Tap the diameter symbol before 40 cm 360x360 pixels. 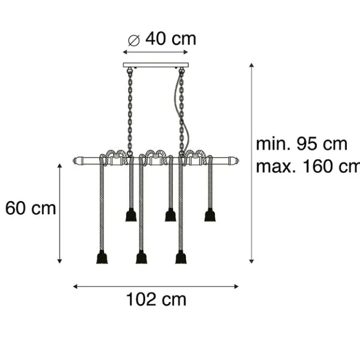click(x=134, y=39)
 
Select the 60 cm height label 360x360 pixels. click(x=31, y=208)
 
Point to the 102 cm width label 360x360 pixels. click(x=156, y=299)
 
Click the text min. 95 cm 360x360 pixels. click(x=302, y=144)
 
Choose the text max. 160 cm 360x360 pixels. click(x=307, y=166)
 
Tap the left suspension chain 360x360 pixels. click(x=130, y=110)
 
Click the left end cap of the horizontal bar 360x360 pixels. click(x=77, y=161)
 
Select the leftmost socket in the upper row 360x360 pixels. click(x=130, y=215)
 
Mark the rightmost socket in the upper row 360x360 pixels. click(x=209, y=215)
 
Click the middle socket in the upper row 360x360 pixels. click(x=170, y=215)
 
